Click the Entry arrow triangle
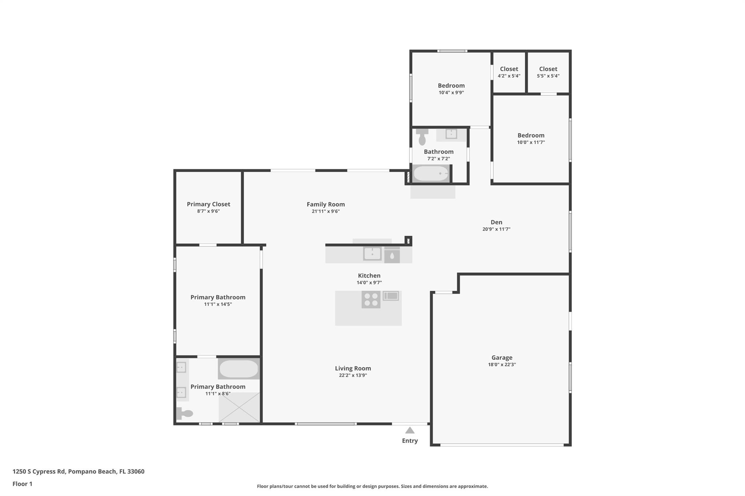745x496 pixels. tap(410, 430)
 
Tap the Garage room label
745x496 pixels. tap(502, 358)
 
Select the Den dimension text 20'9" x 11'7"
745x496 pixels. tap(497, 229)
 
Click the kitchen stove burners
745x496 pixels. tap(371, 299)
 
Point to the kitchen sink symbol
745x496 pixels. tap(372, 254)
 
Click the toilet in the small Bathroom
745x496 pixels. tap(422, 137)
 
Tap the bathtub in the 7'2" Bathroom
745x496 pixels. tap(431, 174)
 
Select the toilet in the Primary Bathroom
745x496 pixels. tap(184, 413)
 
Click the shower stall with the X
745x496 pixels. tap(239, 407)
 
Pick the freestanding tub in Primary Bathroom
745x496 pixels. tap(239, 369)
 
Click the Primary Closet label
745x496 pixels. tap(208, 204)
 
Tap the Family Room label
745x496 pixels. tap(326, 204)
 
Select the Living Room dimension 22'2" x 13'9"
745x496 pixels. tap(353, 375)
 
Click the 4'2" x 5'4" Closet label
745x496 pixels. tap(509, 69)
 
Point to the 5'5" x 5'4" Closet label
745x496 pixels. tap(548, 69)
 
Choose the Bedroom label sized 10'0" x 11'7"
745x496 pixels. tap(531, 136)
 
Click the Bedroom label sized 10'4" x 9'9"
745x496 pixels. tap(451, 86)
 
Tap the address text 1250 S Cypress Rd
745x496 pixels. tap(39, 472)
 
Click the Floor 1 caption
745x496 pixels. tap(23, 484)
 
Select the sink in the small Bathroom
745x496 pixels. tap(451, 134)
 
